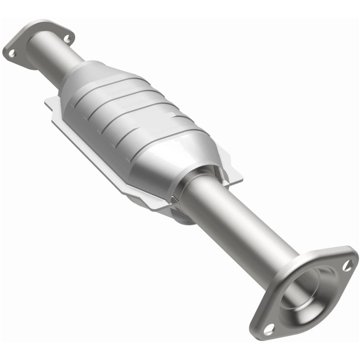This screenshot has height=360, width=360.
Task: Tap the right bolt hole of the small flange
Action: (67, 39)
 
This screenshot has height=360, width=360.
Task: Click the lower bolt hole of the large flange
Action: (269, 329)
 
